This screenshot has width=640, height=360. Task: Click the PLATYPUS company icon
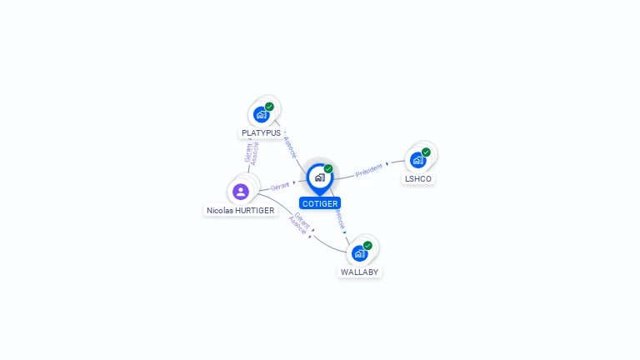pyautogui.click(x=262, y=114)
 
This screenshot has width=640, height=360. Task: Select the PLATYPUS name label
pyautogui.click(x=261, y=132)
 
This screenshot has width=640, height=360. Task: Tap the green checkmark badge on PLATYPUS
pyautogui.click(x=269, y=107)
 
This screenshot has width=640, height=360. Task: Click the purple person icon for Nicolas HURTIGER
pyautogui.click(x=241, y=192)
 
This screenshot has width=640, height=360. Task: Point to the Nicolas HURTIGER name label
pyautogui.click(x=241, y=211)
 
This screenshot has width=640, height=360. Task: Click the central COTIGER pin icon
pyautogui.click(x=319, y=177)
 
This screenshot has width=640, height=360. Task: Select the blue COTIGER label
pyautogui.click(x=320, y=203)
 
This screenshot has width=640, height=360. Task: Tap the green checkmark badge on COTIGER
pyautogui.click(x=328, y=168)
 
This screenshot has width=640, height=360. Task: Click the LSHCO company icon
pyautogui.click(x=418, y=159)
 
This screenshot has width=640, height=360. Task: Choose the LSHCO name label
pyautogui.click(x=418, y=178)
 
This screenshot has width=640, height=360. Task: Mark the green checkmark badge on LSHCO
pyautogui.click(x=426, y=152)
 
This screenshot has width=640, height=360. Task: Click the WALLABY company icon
pyautogui.click(x=360, y=252)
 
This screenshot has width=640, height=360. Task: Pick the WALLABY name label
pyautogui.click(x=360, y=272)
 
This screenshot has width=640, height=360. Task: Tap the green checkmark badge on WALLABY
pyautogui.click(x=367, y=245)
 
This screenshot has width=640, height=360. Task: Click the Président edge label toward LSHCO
pyautogui.click(x=369, y=170)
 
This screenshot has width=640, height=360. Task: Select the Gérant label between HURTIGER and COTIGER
pyautogui.click(x=281, y=187)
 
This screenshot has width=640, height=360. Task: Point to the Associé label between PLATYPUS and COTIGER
pyautogui.click(x=291, y=147)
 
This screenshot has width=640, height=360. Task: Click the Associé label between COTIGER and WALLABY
pyautogui.click(x=339, y=219)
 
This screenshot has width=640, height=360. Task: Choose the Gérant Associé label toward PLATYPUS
pyautogui.click(x=252, y=153)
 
